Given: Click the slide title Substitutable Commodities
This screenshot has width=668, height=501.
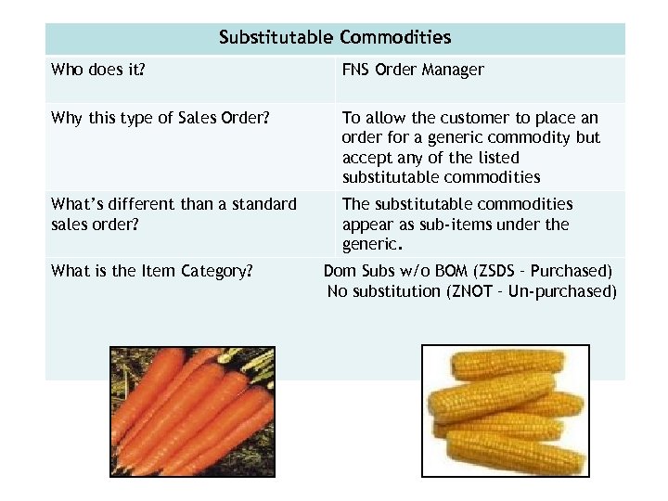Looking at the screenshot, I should pyautogui.click(x=335, y=38).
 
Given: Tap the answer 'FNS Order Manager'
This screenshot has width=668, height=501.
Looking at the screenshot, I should pyautogui.click(x=413, y=70).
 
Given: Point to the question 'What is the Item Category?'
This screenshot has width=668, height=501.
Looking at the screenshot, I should pyautogui.click(x=152, y=271).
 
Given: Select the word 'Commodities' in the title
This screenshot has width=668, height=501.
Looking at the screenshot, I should pyautogui.click(x=395, y=38).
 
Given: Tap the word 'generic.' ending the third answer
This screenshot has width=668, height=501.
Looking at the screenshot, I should pyautogui.click(x=372, y=245).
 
